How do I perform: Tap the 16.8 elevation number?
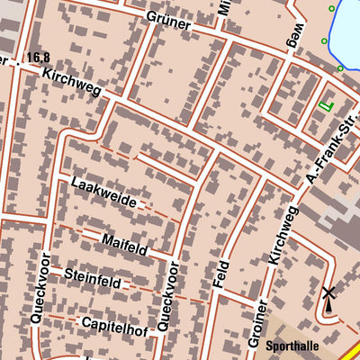(37, 58)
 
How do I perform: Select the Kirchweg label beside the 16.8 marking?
(71, 81)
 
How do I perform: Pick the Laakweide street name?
(103, 193)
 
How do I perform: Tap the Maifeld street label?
(124, 242)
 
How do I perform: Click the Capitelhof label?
(113, 321)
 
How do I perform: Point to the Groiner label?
(256, 322)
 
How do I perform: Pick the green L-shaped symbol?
(325, 106)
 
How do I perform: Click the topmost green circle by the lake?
(331, 9)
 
